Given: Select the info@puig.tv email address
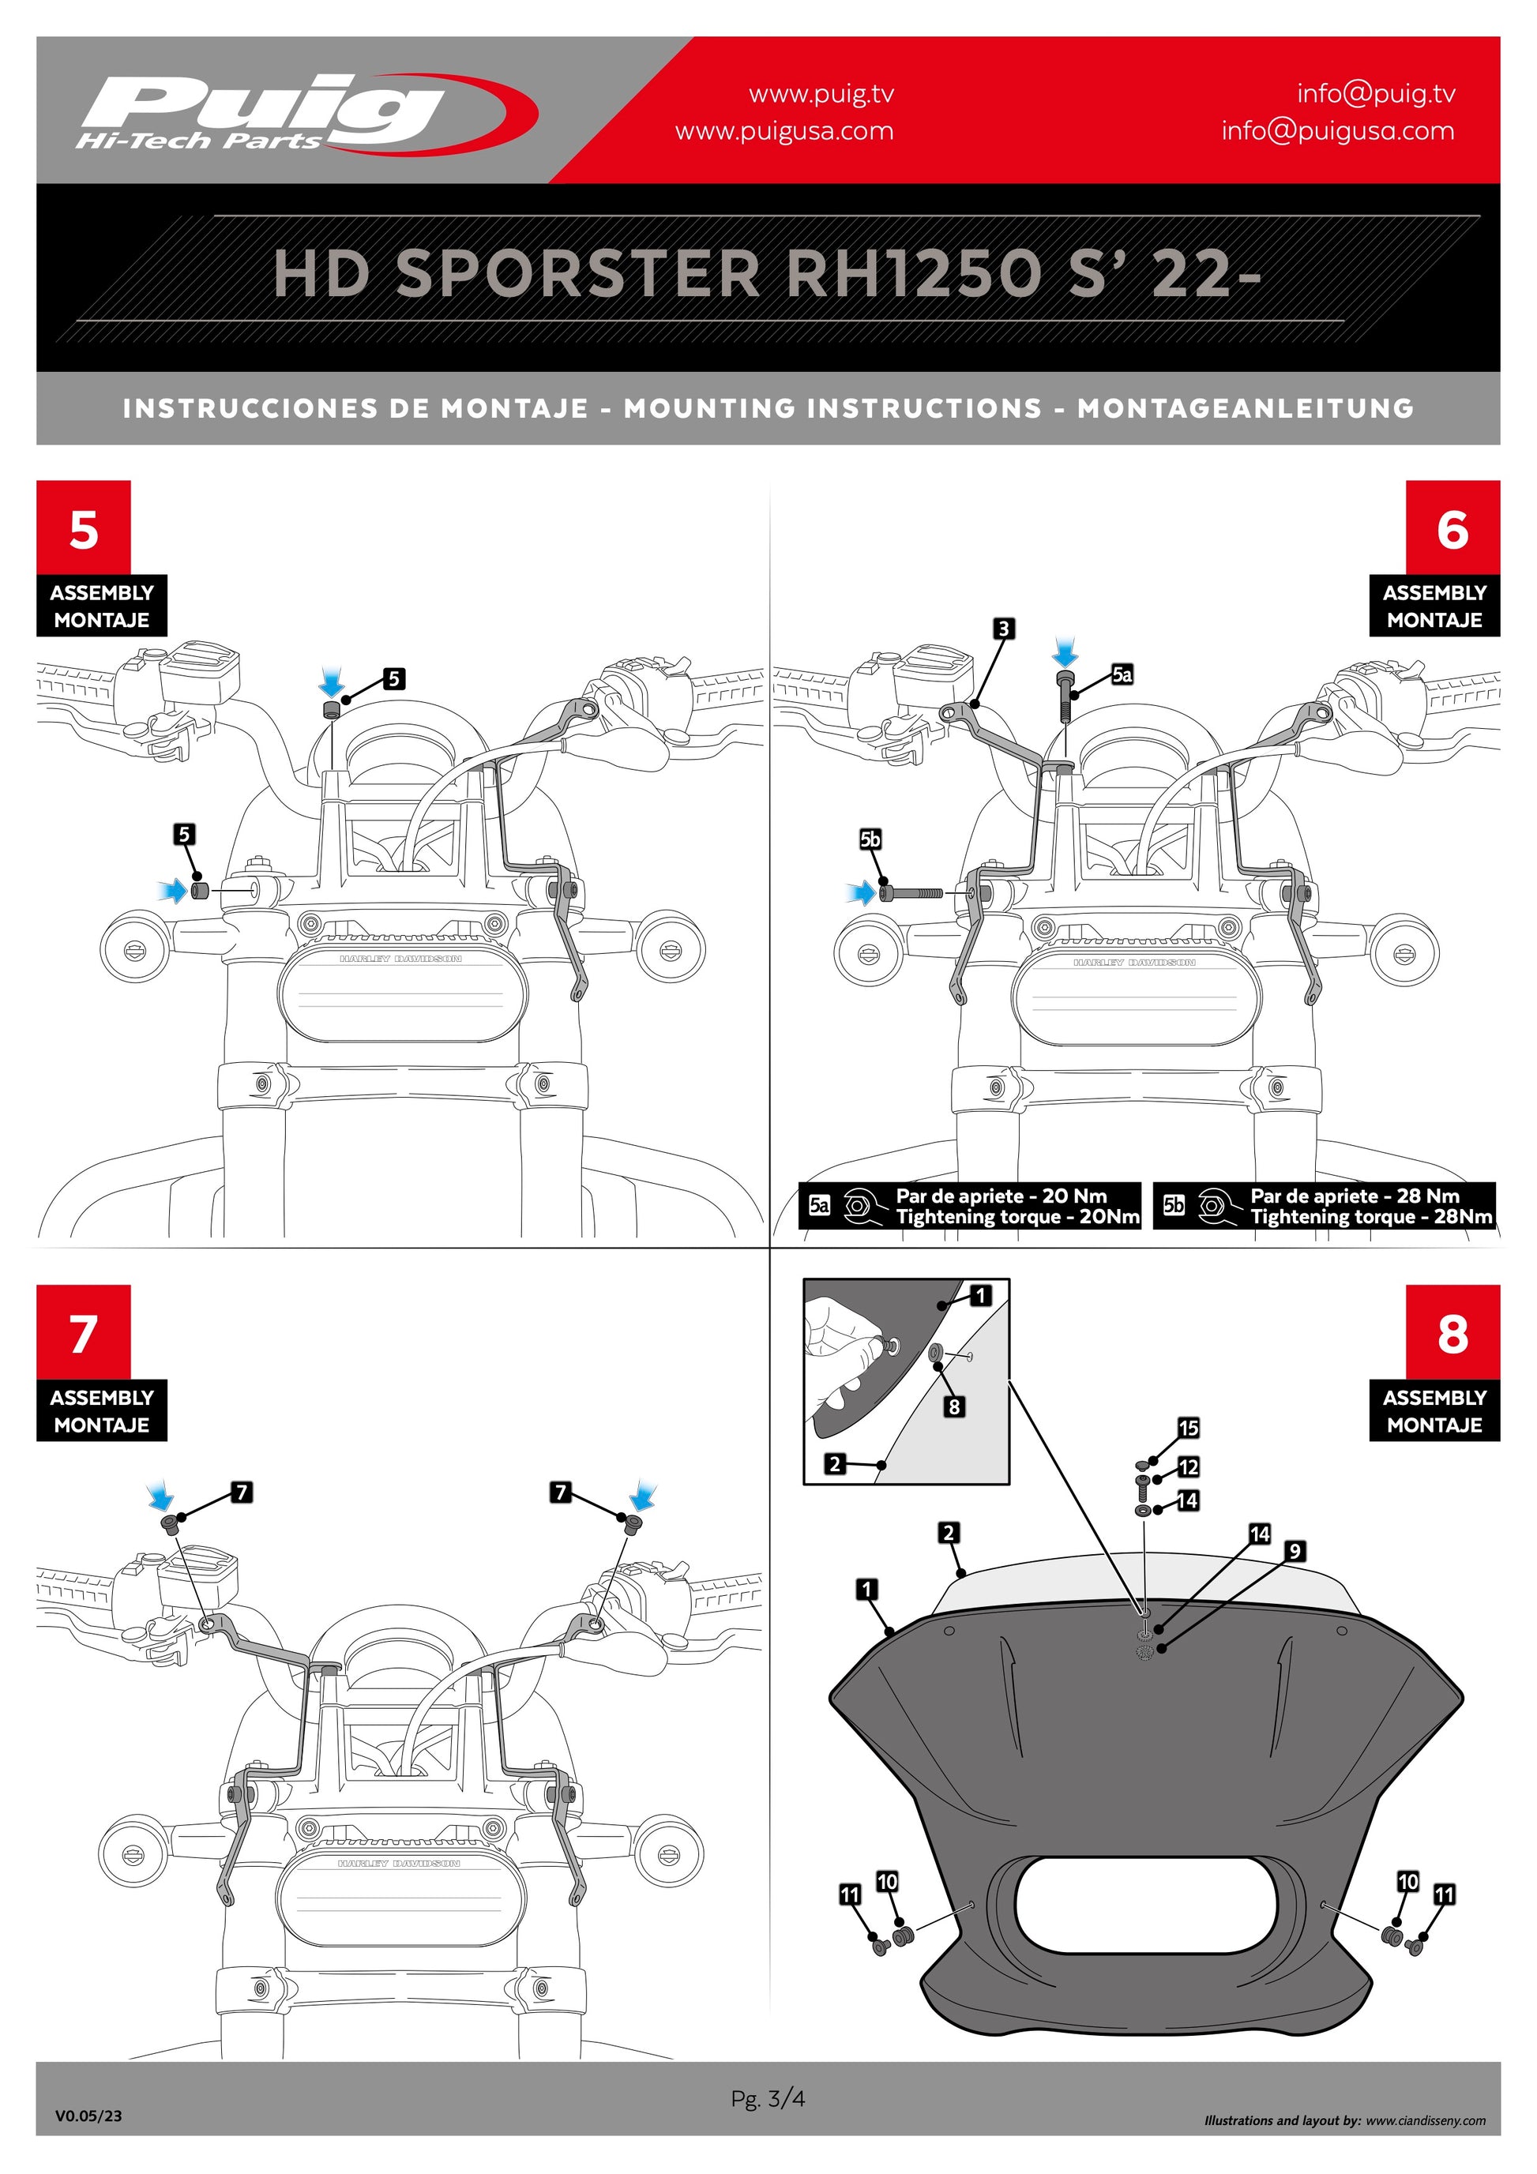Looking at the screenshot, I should point(1375,93).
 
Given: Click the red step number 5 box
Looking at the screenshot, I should point(84,528).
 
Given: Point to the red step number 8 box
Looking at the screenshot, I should point(1452,1332).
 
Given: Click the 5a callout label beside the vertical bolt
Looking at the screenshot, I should point(1122,674).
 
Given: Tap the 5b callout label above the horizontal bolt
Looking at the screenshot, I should point(870,839).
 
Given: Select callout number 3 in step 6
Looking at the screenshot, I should point(1003,628).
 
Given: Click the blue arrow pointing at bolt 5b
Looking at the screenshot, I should point(862,892).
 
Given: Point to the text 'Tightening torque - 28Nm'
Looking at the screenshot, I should point(1370,1217).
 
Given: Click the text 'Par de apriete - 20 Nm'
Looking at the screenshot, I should point(1001,1196).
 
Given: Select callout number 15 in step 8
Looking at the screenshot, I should point(1189,1427).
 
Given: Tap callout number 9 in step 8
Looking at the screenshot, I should point(1295,1551).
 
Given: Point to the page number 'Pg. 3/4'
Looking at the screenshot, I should point(768,2098).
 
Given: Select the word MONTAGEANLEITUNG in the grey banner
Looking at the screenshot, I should point(1246,408).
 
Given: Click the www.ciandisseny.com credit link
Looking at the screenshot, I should point(1426,2120).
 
